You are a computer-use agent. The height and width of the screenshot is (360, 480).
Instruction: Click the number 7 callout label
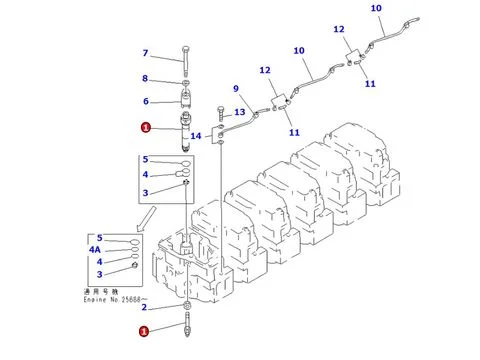[145, 53]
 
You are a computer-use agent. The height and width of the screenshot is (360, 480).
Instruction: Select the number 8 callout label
[145, 78]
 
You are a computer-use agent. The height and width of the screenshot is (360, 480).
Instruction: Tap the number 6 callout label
[145, 101]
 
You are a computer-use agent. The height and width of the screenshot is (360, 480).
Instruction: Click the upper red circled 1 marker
[146, 127]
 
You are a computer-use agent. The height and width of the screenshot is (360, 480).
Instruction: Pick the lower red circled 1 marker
[145, 330]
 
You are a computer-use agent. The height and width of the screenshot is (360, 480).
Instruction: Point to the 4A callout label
[96, 250]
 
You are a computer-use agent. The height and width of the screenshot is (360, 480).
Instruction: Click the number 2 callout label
[144, 307]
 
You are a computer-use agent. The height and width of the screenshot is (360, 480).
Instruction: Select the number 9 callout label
[236, 87]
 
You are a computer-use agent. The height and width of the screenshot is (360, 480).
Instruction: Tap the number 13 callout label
[240, 112]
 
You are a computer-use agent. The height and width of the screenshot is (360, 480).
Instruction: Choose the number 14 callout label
[197, 135]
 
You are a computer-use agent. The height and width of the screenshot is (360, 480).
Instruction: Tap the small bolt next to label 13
[219, 111]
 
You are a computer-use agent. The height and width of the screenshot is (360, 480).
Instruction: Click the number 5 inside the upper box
[145, 160]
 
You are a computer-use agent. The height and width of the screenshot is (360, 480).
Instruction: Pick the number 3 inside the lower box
[98, 274]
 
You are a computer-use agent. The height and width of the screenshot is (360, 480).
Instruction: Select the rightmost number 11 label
[370, 84]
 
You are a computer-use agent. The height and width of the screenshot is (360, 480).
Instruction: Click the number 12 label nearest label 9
[265, 69]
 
